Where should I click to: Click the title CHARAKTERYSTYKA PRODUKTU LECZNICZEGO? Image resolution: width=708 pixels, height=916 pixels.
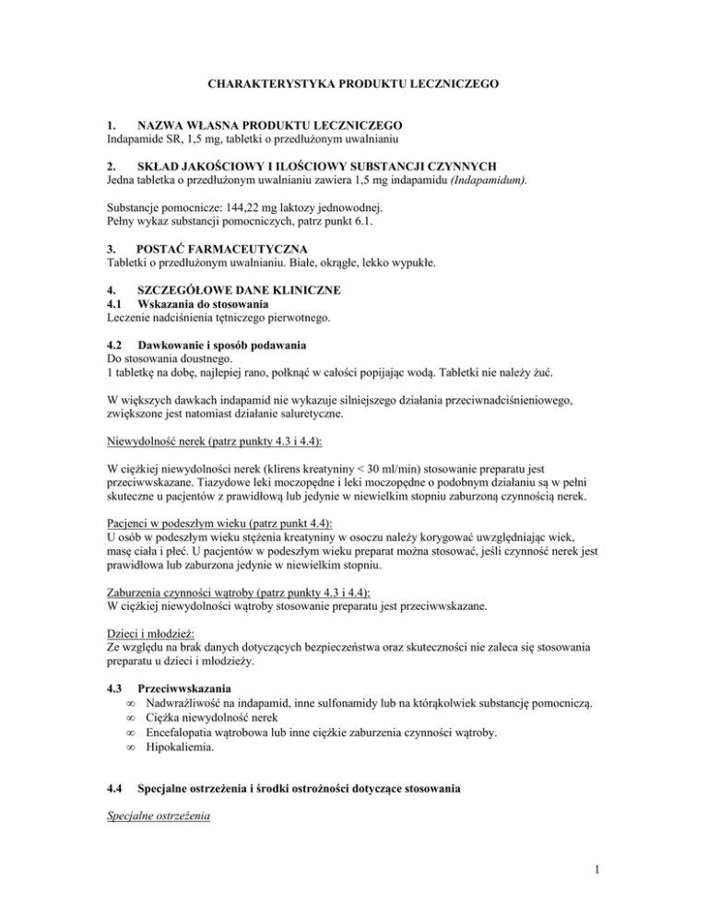(x=353, y=85)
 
